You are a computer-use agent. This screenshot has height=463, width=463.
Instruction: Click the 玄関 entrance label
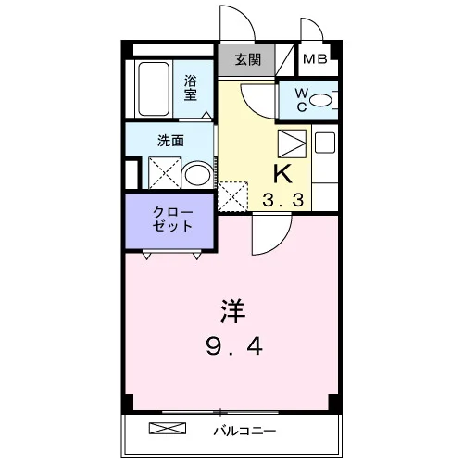pos(248,59)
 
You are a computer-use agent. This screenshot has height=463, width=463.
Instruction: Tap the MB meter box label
pos(315,58)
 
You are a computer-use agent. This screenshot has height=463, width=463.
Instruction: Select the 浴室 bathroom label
pos(191,88)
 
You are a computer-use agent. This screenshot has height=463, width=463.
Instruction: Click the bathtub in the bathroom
pos(154,89)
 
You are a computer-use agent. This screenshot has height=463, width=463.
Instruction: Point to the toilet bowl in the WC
pos(320,100)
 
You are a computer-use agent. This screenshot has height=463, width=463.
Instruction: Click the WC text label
pos(302,100)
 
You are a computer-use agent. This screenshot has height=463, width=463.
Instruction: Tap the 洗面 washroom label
pos(170,141)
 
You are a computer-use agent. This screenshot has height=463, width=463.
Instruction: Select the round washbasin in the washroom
pos(197,175)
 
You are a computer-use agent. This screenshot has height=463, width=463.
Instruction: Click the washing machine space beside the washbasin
pos(165,172)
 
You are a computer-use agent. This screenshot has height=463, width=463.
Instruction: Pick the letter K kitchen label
pos(283,174)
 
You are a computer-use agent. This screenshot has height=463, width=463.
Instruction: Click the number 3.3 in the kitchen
pos(282,200)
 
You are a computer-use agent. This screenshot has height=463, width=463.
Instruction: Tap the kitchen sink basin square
pos(325,143)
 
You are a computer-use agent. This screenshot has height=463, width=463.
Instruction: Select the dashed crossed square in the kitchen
pos(232,196)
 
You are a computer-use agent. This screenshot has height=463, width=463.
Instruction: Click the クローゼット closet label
pos(172,219)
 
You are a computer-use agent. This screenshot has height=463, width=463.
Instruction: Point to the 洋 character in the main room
pos(233,311)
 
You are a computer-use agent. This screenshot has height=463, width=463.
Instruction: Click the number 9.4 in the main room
pos(234,346)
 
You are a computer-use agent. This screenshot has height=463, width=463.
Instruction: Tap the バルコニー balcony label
pos(244,431)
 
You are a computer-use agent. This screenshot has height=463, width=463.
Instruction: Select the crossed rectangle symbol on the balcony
pos(168,428)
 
